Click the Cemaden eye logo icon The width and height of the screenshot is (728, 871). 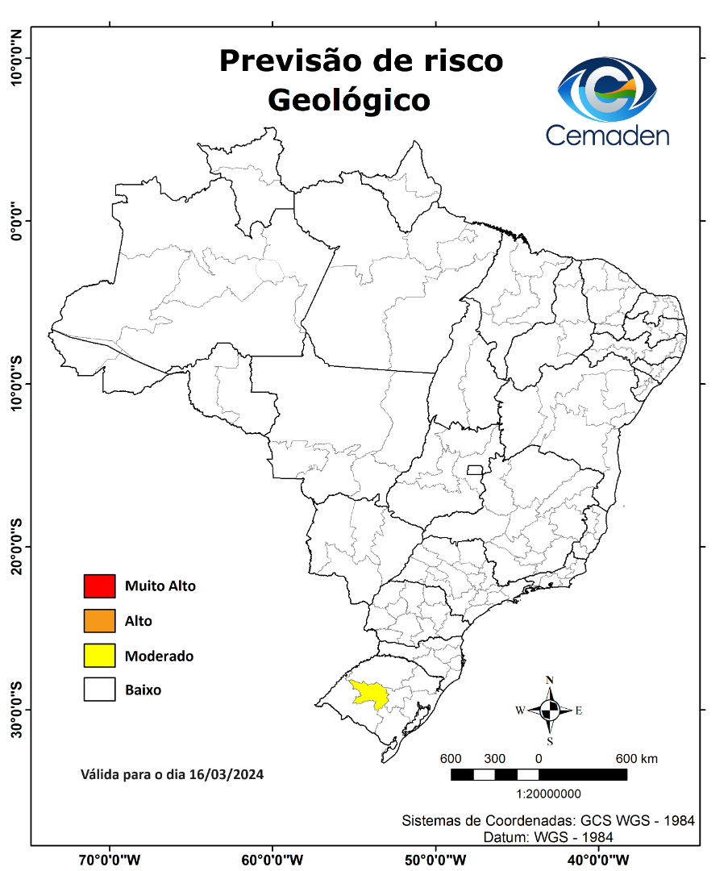[608, 89]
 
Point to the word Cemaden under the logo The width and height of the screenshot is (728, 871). [607, 135]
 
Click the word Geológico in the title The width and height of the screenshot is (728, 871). [348, 100]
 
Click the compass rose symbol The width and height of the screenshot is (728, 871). [550, 711]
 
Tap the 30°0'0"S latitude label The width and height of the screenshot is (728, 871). [15, 710]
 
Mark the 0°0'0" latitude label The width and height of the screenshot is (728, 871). [15, 220]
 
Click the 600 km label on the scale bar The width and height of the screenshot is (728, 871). [636, 759]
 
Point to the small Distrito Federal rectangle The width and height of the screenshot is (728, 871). [475, 469]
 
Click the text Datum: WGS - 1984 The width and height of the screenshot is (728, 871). [547, 837]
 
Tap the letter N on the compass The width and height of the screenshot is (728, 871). [550, 681]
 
